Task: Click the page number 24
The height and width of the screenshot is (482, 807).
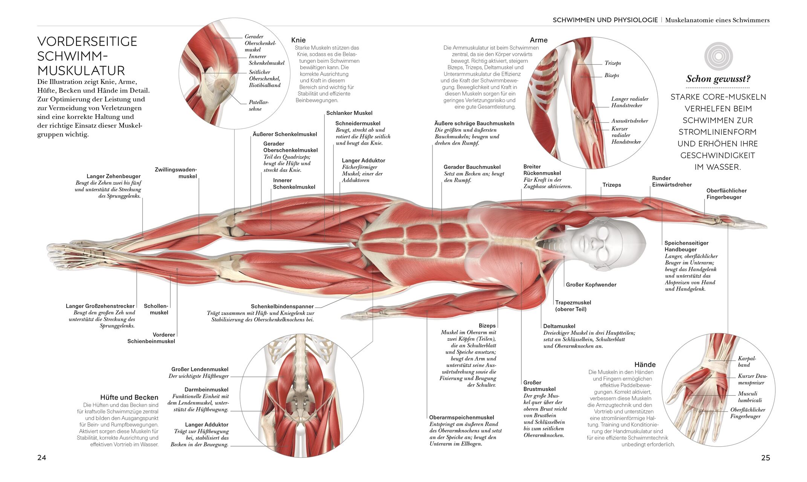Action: tap(41, 458)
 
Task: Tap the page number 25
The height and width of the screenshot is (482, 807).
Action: tap(765, 458)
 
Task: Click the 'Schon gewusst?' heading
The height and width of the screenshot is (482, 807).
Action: tap(718, 79)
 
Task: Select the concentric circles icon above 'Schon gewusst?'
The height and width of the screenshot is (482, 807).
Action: tap(718, 56)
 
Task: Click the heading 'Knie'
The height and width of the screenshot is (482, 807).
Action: tap(298, 40)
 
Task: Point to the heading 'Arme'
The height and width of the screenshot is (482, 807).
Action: tap(538, 40)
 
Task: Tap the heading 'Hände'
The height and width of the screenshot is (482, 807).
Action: tap(645, 365)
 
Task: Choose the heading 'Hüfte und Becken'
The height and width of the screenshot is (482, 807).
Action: tap(129, 397)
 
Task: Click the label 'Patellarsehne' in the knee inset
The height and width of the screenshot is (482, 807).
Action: tap(258, 105)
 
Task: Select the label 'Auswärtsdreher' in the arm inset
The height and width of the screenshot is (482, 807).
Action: tap(630, 121)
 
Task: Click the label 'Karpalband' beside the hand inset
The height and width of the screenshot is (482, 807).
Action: tap(747, 361)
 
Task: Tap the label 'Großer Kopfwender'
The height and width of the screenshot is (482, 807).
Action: tap(591, 285)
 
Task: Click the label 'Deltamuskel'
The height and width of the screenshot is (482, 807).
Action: tap(559, 326)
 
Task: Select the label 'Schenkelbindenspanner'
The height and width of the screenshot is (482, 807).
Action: tap(282, 307)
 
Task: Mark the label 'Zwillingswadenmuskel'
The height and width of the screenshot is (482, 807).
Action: tap(176, 173)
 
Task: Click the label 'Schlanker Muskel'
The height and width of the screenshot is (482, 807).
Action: tap(349, 113)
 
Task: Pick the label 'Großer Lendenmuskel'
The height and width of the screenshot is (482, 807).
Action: tap(200, 369)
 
